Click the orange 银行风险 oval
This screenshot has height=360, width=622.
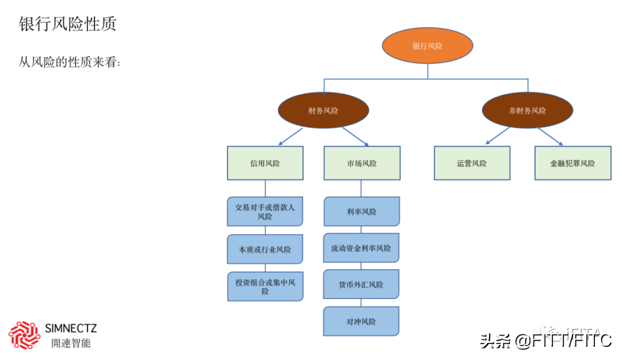(427, 46)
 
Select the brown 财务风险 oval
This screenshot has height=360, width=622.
(323, 110)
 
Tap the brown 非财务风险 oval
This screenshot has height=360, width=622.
(527, 110)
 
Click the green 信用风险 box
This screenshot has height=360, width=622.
(265, 163)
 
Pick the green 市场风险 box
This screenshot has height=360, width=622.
(362, 163)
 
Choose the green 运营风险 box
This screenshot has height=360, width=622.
(472, 163)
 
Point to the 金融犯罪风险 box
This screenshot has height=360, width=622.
(572, 163)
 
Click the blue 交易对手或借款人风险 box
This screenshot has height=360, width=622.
(265, 211)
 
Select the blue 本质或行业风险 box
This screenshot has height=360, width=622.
(265, 249)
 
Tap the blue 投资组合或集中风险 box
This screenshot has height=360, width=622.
(265, 286)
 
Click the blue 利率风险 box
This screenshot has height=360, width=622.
(362, 211)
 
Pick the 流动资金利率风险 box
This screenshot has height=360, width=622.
(361, 248)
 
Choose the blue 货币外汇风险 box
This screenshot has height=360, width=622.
(361, 285)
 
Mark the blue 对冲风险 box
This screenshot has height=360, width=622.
(361, 321)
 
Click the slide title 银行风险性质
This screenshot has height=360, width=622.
(68, 24)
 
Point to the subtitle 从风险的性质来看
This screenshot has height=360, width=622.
(70, 62)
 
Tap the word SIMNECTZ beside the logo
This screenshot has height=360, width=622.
(71, 329)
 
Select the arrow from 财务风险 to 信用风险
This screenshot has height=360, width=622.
(290, 137)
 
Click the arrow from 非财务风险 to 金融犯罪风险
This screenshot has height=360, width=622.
(549, 136)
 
